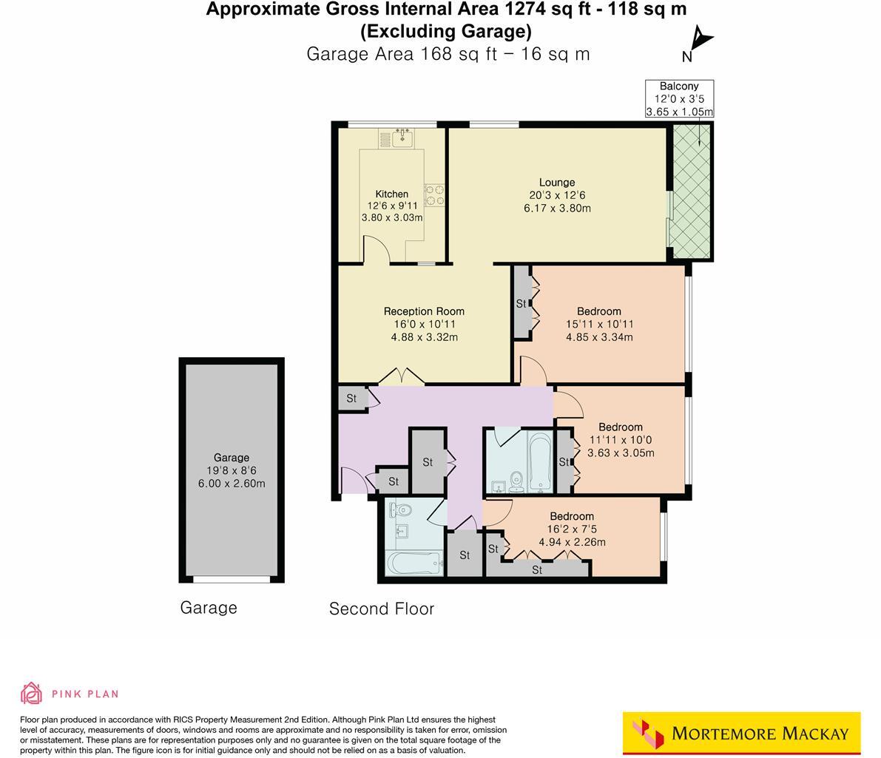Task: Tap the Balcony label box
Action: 679,99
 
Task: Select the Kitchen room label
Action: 391,194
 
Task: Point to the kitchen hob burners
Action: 434,194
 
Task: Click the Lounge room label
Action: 556,183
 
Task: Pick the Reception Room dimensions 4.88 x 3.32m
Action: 424,337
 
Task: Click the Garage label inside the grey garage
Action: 232,457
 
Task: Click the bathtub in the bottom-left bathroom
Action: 414,564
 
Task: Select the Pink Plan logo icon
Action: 31,693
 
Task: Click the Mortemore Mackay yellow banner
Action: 741,734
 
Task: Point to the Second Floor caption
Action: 381,609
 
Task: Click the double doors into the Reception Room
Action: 402,377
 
